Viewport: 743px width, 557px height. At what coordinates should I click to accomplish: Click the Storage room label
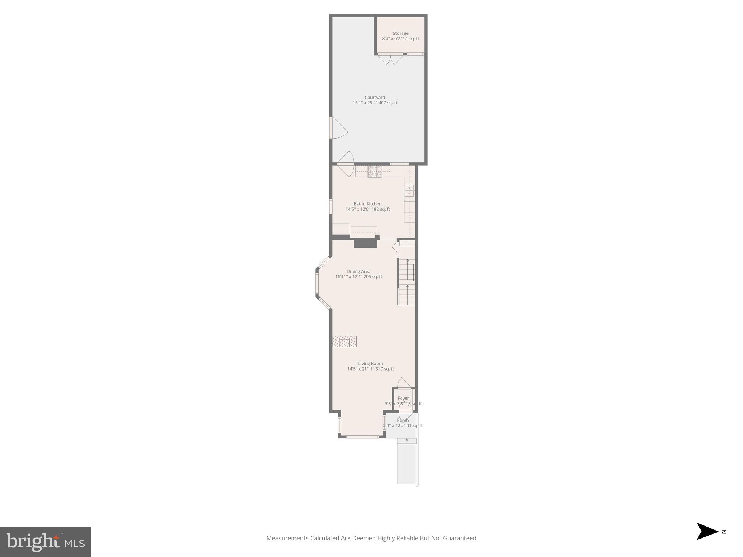pyautogui.click(x=400, y=33)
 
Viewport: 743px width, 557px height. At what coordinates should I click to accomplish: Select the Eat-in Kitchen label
pyautogui.click(x=368, y=204)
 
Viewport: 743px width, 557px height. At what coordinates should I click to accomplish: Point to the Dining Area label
pyautogui.click(x=358, y=271)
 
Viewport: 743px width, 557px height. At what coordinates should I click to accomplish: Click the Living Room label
pyautogui.click(x=370, y=363)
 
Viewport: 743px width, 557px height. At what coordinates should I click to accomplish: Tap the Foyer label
pyautogui.click(x=403, y=398)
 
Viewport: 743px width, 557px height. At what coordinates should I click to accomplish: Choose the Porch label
pyautogui.click(x=403, y=420)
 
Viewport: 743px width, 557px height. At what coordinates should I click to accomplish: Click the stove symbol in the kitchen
pyautogui.click(x=375, y=172)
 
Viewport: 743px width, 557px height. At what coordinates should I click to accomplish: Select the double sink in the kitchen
pyautogui.click(x=409, y=190)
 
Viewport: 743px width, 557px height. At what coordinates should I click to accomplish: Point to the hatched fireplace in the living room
pyautogui.click(x=344, y=342)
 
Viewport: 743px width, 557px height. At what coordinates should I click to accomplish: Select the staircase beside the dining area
pyautogui.click(x=407, y=283)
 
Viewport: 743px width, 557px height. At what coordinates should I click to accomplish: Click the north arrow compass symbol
pyautogui.click(x=707, y=531)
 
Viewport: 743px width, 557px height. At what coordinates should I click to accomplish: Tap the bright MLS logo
pyautogui.click(x=45, y=542)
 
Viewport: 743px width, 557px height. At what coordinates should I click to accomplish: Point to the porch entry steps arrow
pyautogui.click(x=407, y=441)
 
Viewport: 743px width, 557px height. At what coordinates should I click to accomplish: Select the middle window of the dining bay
pyautogui.click(x=317, y=283)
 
